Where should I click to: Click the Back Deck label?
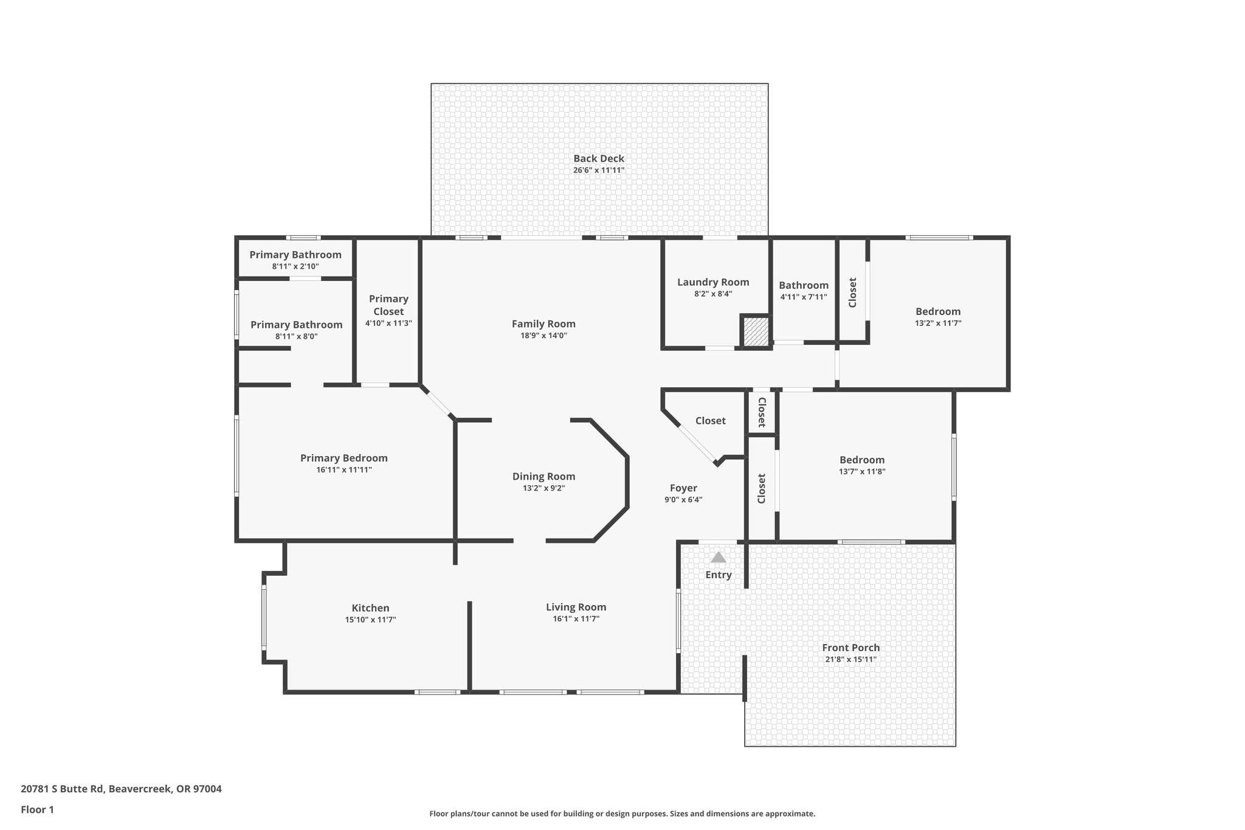[x=598, y=159]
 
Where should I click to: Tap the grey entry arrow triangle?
[x=719, y=557]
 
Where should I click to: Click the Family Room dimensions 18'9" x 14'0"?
[x=543, y=336]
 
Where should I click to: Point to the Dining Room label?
[x=543, y=477]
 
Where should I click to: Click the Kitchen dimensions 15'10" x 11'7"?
[x=370, y=620]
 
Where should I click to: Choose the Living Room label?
[x=576, y=607]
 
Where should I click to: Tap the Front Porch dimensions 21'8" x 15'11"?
[x=850, y=659]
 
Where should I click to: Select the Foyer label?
[x=683, y=488]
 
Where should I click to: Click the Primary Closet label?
[x=388, y=305]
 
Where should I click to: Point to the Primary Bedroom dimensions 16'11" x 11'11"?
[x=343, y=470]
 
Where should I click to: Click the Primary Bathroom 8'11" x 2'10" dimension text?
[x=295, y=266]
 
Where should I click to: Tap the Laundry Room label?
[x=713, y=282]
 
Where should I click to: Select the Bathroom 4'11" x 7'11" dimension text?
[x=804, y=297]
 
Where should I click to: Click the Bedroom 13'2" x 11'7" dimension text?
[x=938, y=323]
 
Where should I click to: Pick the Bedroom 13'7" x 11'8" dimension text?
[x=862, y=471]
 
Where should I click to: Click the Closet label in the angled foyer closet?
[x=710, y=421]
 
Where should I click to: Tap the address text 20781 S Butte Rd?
[x=121, y=789]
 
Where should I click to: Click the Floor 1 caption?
[x=38, y=809]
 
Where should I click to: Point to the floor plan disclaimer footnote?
[x=622, y=814]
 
